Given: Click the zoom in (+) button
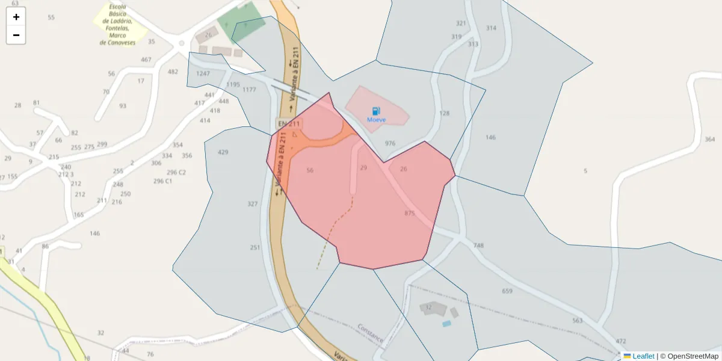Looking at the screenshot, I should click(16, 17).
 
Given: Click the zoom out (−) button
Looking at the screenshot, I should click(16, 35).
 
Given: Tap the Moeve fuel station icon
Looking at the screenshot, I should click(376, 111).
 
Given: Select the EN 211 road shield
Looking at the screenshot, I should click(288, 124).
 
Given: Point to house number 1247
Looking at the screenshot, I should click(203, 73).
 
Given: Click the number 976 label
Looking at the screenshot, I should click(390, 143).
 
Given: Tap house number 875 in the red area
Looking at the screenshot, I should click(410, 214).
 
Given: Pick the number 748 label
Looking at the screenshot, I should click(478, 245).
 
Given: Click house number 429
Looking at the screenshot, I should click(223, 152).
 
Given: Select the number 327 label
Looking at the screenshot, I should click(253, 204).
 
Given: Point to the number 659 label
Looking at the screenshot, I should click(507, 291).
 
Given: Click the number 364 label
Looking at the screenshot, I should click(709, 140).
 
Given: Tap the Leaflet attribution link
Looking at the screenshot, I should click(643, 356).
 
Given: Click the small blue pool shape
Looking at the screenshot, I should click(446, 324).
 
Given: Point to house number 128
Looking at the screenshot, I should click(445, 113).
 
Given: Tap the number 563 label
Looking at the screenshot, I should click(578, 321).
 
